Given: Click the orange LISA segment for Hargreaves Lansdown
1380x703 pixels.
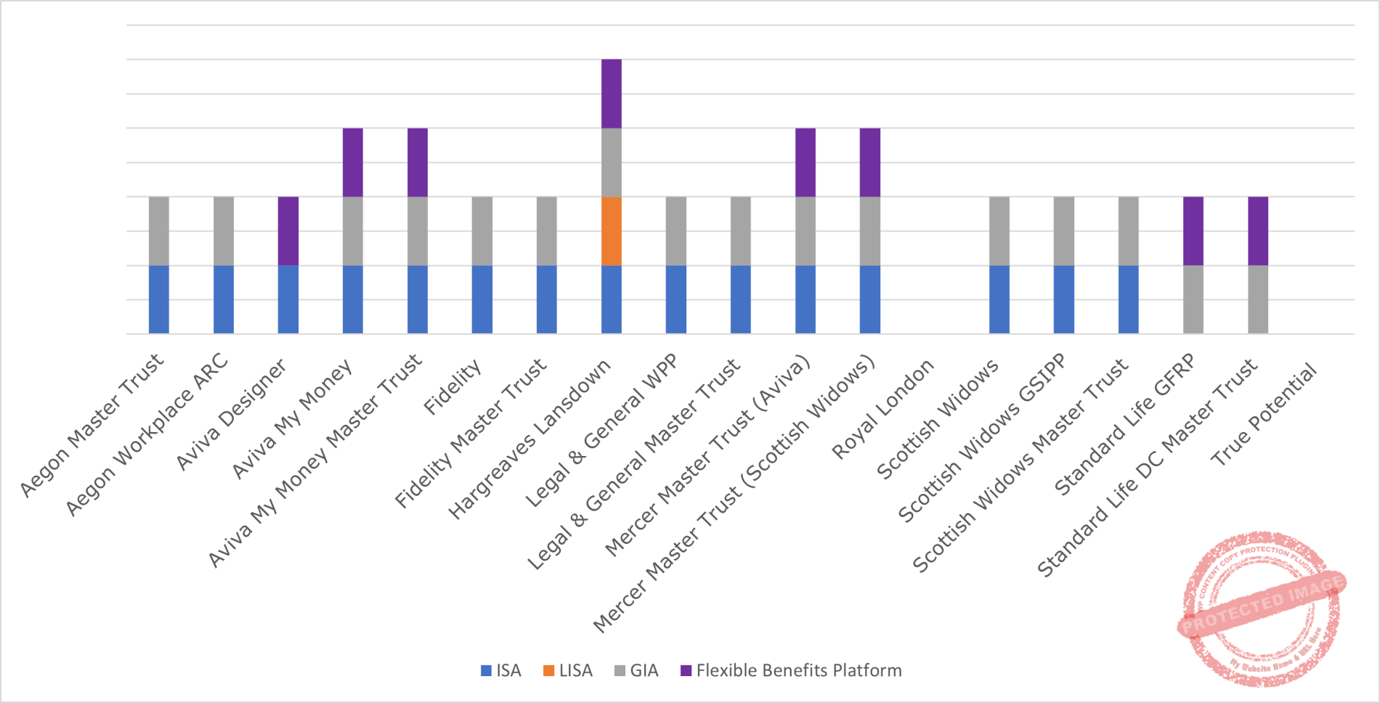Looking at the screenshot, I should point(612,231).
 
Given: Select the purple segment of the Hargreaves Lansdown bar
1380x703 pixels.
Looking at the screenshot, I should point(612,94).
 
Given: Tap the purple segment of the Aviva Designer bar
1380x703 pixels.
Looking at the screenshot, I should point(288,231).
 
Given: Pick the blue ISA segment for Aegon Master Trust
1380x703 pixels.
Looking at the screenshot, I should point(159,299).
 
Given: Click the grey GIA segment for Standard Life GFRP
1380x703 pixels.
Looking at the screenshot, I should point(1193,299).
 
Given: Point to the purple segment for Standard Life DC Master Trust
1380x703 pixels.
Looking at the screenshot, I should point(1258,231).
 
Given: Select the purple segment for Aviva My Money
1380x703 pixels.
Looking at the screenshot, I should point(353,162).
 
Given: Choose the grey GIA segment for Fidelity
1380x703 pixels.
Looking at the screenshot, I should point(482,231).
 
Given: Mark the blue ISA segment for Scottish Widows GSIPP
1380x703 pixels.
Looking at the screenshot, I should point(1064,299).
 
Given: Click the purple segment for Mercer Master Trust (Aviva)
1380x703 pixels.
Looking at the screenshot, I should point(805,162).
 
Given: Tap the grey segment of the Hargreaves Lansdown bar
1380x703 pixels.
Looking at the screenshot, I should point(612,162).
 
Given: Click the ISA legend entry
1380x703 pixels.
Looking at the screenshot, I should point(501,670).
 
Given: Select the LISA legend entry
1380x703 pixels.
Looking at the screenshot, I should point(568,670).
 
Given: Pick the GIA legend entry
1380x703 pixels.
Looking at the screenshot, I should point(636,670).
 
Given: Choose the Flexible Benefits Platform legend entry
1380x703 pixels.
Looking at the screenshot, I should point(791,670).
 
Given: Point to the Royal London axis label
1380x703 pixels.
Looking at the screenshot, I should point(882,410).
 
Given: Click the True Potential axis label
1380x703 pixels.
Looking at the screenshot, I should point(1263,415).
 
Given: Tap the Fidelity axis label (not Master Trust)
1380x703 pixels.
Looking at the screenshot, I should point(452,388).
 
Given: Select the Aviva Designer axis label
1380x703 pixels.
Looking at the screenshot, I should point(232,415).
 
